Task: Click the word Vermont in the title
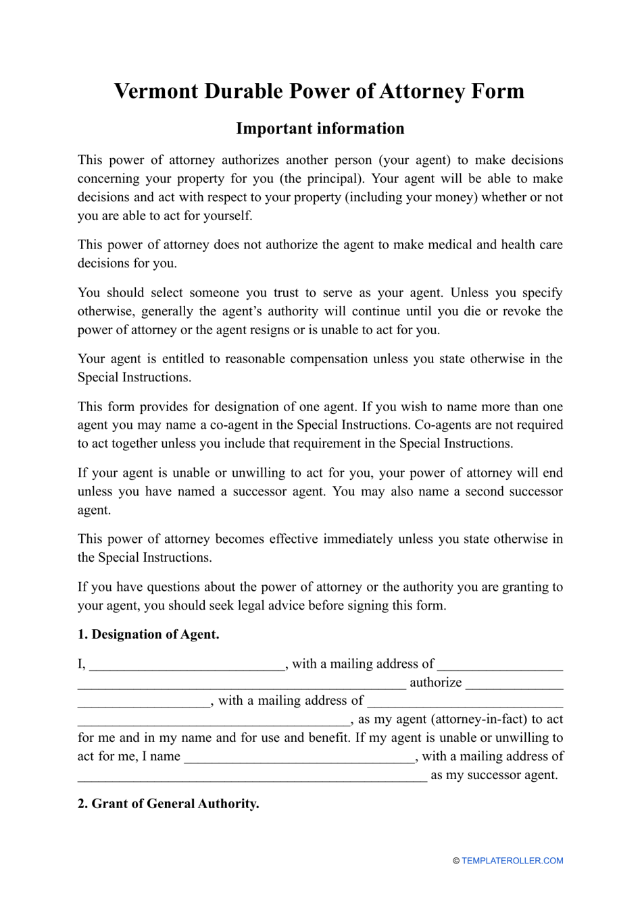point(156,91)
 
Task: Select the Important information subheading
point(320,128)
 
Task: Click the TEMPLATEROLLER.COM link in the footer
point(512,861)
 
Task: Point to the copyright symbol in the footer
point(456,861)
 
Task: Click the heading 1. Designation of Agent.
point(148,635)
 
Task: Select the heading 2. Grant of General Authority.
point(168,804)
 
